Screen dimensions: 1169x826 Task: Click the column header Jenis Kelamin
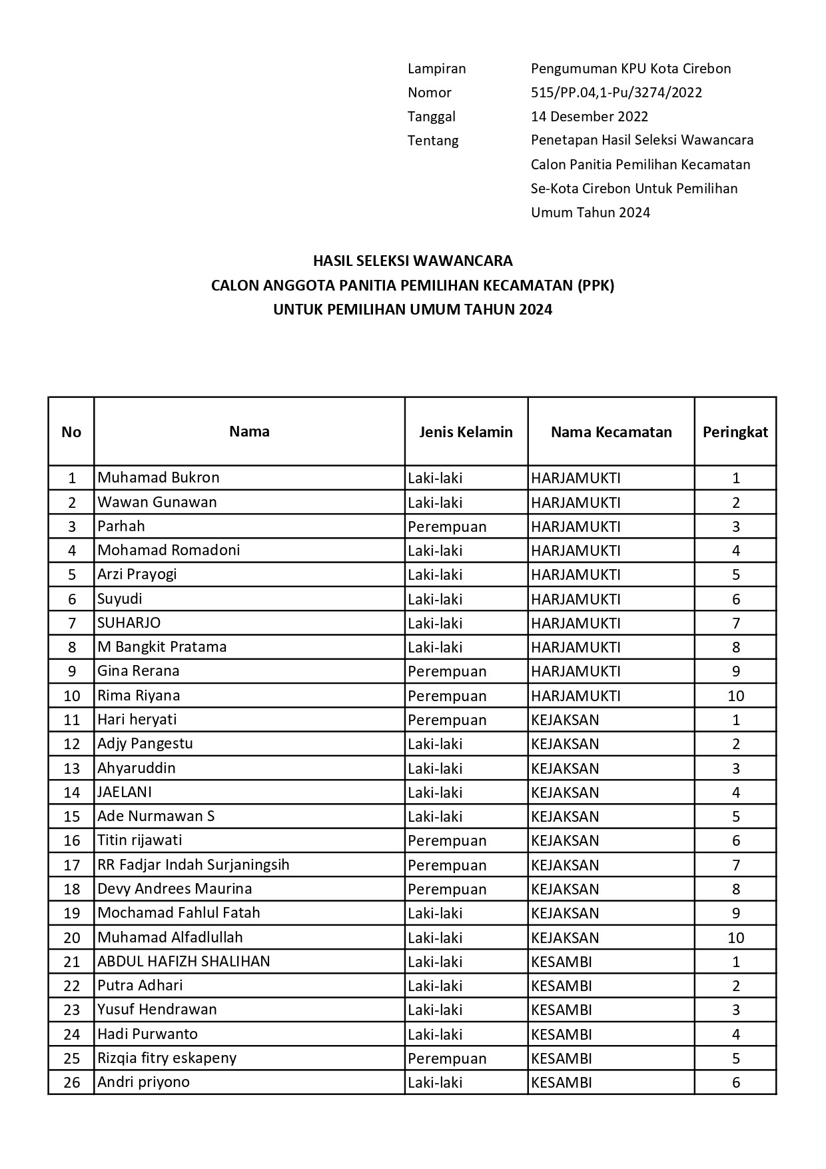click(466, 432)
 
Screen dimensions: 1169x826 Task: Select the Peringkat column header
click(735, 432)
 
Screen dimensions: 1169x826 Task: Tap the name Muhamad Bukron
click(159, 477)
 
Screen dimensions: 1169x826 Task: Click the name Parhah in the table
click(121, 526)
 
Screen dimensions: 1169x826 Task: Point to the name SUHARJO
click(129, 622)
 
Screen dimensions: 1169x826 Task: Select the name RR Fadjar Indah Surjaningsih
click(193, 864)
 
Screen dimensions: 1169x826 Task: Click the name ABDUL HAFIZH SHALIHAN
click(184, 961)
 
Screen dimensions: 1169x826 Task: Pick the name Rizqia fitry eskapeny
click(167, 1058)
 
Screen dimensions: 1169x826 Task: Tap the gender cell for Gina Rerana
click(447, 671)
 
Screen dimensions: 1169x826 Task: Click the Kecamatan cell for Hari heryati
click(565, 720)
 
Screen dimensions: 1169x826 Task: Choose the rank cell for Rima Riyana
click(735, 696)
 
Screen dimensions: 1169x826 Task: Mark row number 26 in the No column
click(71, 1082)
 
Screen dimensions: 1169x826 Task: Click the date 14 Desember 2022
click(590, 117)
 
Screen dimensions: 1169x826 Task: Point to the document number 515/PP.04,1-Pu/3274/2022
click(616, 93)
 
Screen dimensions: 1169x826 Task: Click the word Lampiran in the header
click(436, 69)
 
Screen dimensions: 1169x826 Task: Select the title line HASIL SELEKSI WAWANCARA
click(412, 260)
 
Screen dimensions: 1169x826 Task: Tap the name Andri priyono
click(144, 1082)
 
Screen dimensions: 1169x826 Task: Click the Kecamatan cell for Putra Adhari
click(561, 986)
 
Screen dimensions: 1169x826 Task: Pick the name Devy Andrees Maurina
click(175, 888)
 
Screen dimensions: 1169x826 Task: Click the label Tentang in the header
click(433, 141)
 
